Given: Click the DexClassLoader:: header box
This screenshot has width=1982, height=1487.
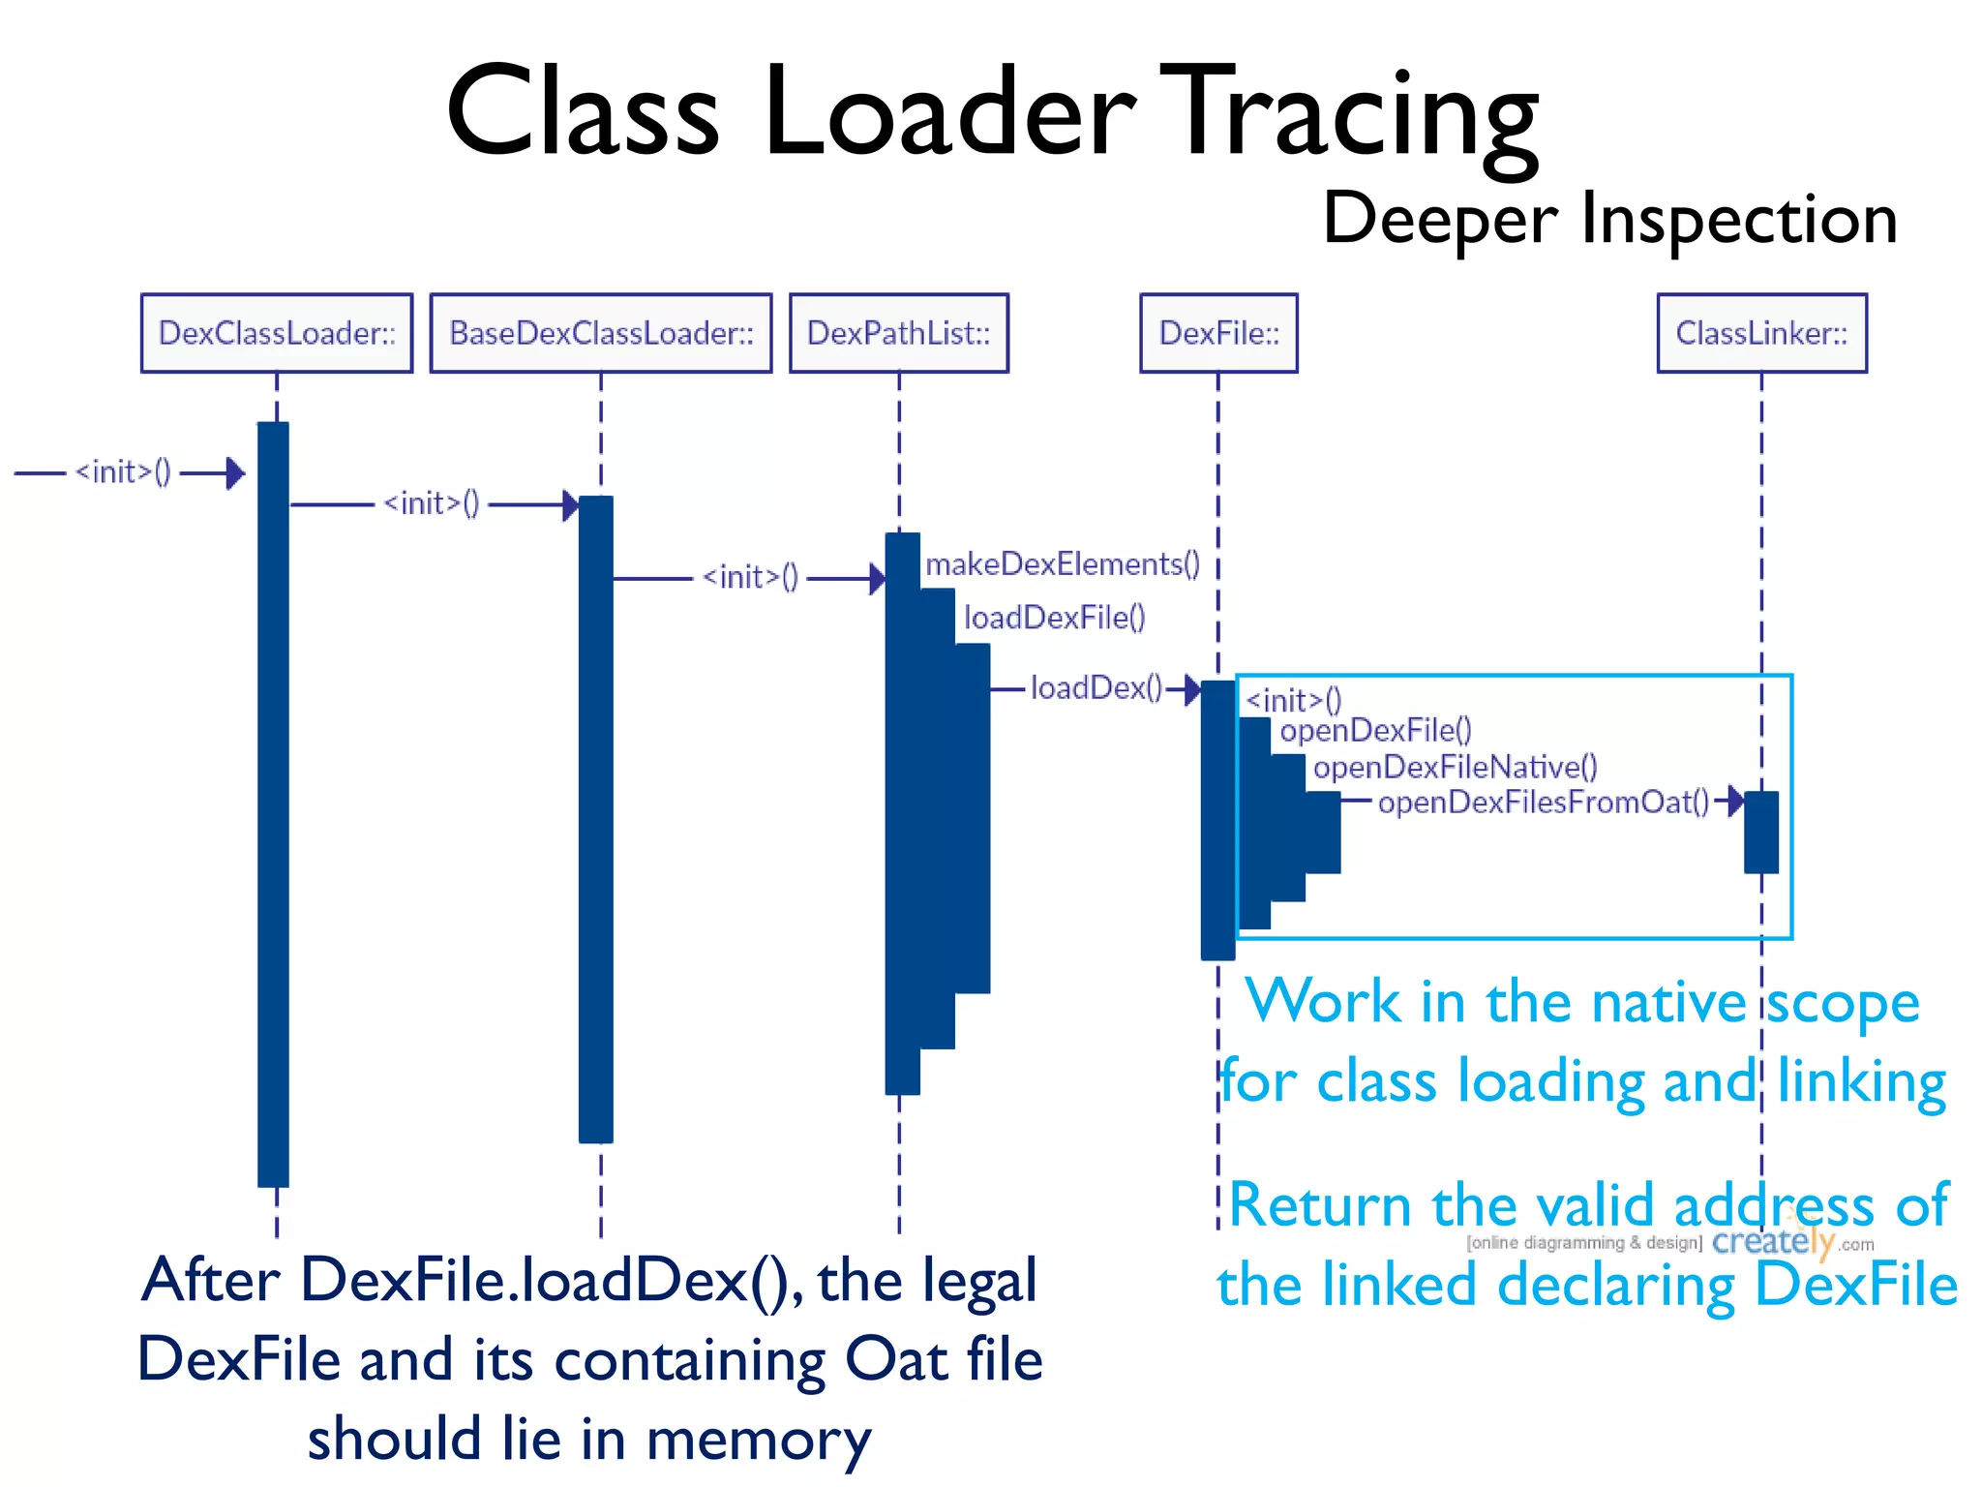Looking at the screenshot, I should [x=277, y=333].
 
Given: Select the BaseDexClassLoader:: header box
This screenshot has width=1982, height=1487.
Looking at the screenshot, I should [x=601, y=333].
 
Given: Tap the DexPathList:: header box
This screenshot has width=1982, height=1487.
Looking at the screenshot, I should [x=899, y=333].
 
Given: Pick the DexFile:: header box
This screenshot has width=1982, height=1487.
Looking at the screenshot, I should [x=1218, y=333].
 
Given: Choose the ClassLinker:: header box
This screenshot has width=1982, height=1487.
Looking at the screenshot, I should [x=1761, y=333].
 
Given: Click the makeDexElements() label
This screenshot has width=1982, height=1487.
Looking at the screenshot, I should [x=1063, y=563].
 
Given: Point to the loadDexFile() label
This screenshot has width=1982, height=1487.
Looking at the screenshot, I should [x=1054, y=618].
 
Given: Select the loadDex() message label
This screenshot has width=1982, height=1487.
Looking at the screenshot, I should [x=1096, y=687].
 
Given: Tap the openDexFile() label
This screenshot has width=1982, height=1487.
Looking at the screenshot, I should [x=1375, y=730].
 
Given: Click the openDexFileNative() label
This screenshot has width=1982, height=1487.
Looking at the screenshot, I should [x=1455, y=767].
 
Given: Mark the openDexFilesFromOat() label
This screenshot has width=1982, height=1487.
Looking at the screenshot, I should [x=1544, y=802].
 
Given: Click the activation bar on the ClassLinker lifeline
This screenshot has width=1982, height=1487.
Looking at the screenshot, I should [x=1761, y=833].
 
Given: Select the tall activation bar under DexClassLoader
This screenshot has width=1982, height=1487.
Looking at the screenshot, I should [x=273, y=804].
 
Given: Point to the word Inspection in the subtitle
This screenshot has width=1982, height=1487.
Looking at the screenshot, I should [x=1738, y=219].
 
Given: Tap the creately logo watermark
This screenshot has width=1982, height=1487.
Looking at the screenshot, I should [x=1773, y=1241].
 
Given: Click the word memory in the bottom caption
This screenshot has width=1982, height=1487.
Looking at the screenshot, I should [x=758, y=1440].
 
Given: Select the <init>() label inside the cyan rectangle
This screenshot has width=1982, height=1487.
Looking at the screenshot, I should [x=1293, y=699].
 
